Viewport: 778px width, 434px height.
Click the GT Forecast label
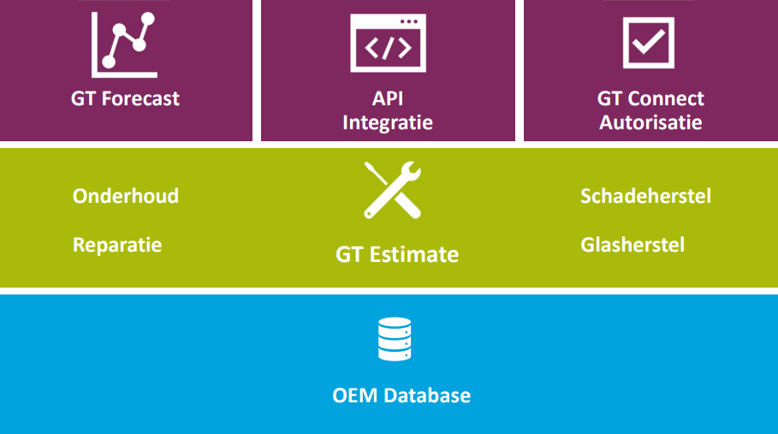click(x=125, y=98)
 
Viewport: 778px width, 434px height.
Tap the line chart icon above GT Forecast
click(x=124, y=45)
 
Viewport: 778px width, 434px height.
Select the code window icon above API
click(x=388, y=43)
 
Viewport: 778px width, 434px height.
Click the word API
click(x=388, y=98)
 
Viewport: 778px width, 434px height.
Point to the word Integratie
click(x=388, y=122)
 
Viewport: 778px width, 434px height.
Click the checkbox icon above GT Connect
click(x=649, y=43)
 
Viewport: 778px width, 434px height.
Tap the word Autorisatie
click(x=650, y=122)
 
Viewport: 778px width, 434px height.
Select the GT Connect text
click(x=650, y=98)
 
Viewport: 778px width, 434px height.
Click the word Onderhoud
click(x=126, y=196)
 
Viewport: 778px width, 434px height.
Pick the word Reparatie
click(x=117, y=245)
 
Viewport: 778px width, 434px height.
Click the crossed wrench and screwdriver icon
click(x=393, y=190)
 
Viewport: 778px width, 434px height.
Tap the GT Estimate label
click(x=397, y=254)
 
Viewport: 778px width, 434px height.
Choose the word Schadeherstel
click(x=645, y=196)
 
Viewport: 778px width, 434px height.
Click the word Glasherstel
click(x=632, y=245)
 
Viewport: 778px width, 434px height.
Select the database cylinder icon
click(x=395, y=339)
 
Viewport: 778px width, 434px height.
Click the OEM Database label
click(x=401, y=395)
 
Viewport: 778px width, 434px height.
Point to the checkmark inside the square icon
click(x=649, y=41)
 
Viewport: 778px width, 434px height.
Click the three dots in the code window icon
click(x=409, y=21)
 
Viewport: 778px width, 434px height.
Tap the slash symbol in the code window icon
click(x=388, y=48)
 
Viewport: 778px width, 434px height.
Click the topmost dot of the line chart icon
click(x=147, y=19)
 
